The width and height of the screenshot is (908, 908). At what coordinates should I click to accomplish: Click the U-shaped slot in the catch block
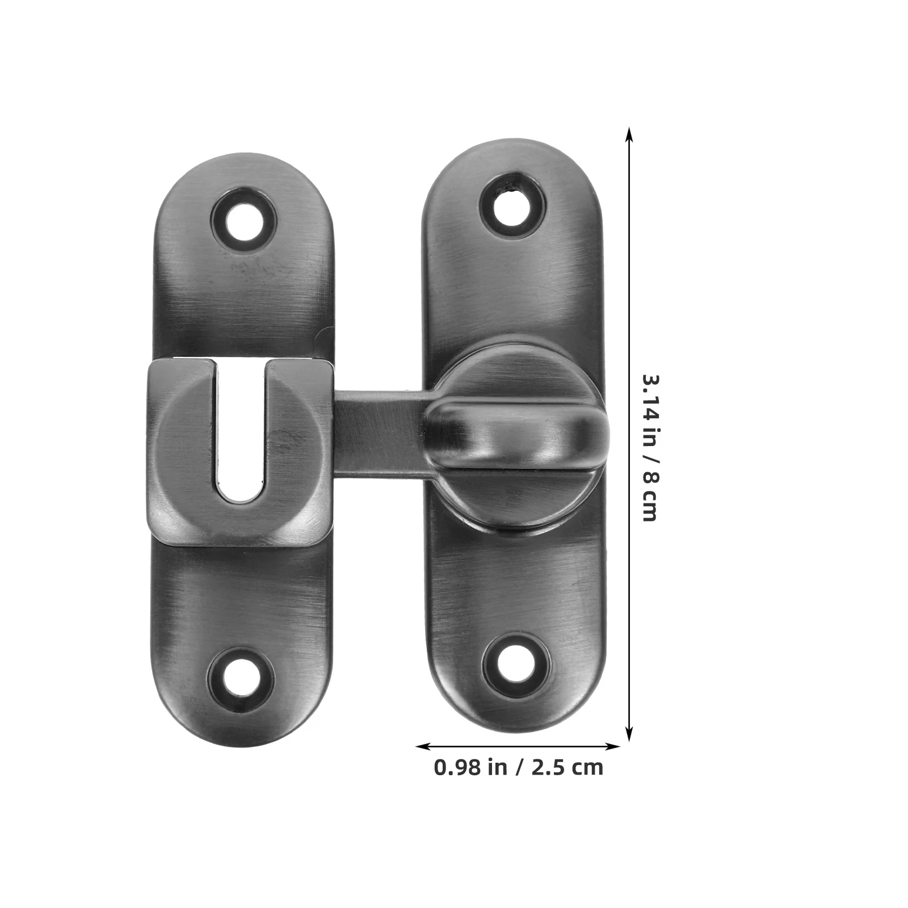pyautogui.click(x=241, y=431)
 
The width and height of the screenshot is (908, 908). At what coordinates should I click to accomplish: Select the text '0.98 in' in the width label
pyautogui.click(x=470, y=768)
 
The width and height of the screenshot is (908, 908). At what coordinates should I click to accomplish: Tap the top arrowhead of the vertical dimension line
pyautogui.click(x=629, y=134)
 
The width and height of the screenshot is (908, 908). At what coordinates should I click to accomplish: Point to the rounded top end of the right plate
pyautogui.click(x=513, y=153)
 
